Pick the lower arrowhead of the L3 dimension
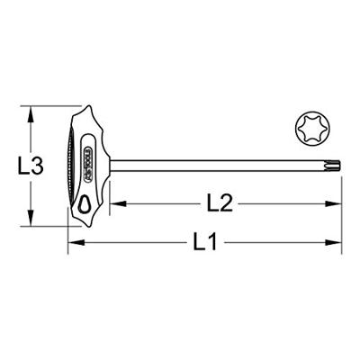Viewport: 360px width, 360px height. pos(31,222)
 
